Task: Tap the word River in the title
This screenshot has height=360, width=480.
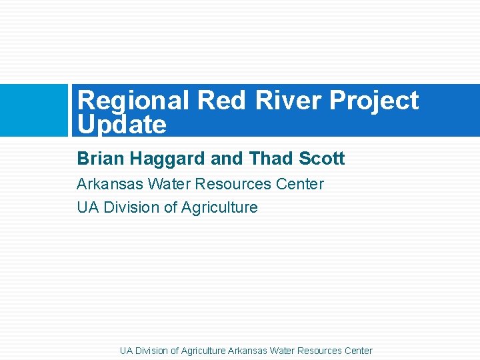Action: (288, 101)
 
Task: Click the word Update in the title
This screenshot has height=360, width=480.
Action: (121, 125)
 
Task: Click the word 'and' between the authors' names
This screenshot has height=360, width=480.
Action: (227, 159)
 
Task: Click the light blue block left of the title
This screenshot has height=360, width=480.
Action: (33, 110)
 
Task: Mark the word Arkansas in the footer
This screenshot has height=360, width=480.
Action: (248, 351)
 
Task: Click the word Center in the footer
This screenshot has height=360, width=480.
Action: (358, 351)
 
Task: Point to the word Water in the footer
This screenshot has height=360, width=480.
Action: (282, 351)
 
